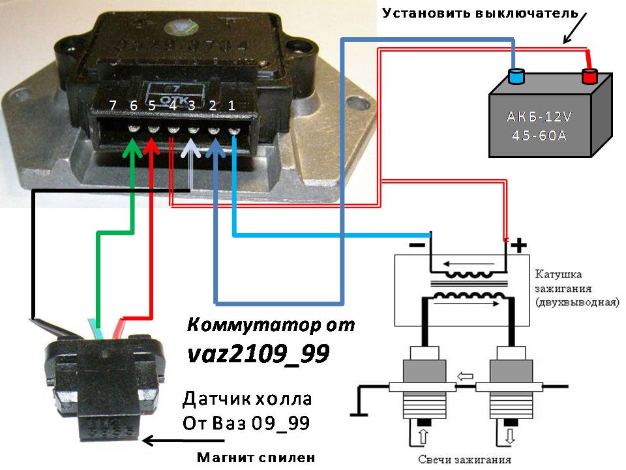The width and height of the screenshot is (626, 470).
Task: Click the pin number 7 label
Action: pos(113,105)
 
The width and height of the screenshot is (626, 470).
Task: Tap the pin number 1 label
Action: pos(231,105)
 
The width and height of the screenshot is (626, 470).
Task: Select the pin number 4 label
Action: pos(172,105)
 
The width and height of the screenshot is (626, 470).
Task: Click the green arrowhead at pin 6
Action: pos(133,146)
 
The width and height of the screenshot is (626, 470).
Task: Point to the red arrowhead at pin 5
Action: pos(151,146)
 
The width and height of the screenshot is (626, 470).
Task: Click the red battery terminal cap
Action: pos(590,77)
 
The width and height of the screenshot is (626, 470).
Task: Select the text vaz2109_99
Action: pos(258,353)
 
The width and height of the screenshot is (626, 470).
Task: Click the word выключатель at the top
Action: pos(521,13)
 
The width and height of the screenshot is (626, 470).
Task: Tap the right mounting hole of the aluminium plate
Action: pos(356,103)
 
